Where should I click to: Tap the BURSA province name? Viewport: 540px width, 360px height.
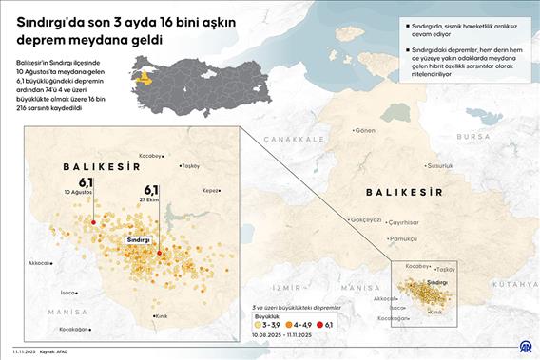(x=472, y=136)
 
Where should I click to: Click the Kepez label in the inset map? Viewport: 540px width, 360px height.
(x=210, y=190)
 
